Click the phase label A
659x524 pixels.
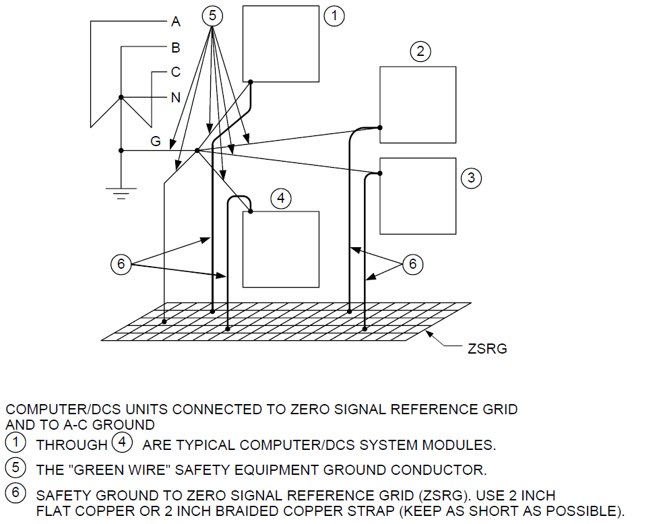pyautogui.click(x=176, y=22)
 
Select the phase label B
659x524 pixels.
pyautogui.click(x=176, y=48)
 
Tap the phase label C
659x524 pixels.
pyautogui.click(x=176, y=72)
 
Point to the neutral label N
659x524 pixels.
pyautogui.click(x=176, y=98)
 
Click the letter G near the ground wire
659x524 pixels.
pyautogui.click(x=156, y=141)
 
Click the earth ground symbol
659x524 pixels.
pyautogui.click(x=121, y=193)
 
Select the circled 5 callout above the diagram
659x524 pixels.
pyautogui.click(x=212, y=16)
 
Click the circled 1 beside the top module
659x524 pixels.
pyautogui.click(x=334, y=16)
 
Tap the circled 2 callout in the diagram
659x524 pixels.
pyautogui.click(x=420, y=51)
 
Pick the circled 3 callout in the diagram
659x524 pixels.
pyautogui.click(x=471, y=178)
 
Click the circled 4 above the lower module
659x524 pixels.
pyautogui.click(x=281, y=198)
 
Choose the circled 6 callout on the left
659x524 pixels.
pyautogui.click(x=121, y=264)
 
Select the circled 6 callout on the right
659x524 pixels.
pyautogui.click(x=412, y=264)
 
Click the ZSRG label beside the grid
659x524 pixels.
pyautogui.click(x=487, y=349)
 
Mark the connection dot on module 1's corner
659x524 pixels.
pyautogui.click(x=251, y=82)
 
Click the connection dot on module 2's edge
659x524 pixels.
pyautogui.click(x=380, y=128)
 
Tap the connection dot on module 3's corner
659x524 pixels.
pyautogui.click(x=380, y=173)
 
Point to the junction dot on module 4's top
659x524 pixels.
pyautogui.click(x=251, y=211)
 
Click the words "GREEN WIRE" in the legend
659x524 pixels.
pyautogui.click(x=120, y=470)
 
